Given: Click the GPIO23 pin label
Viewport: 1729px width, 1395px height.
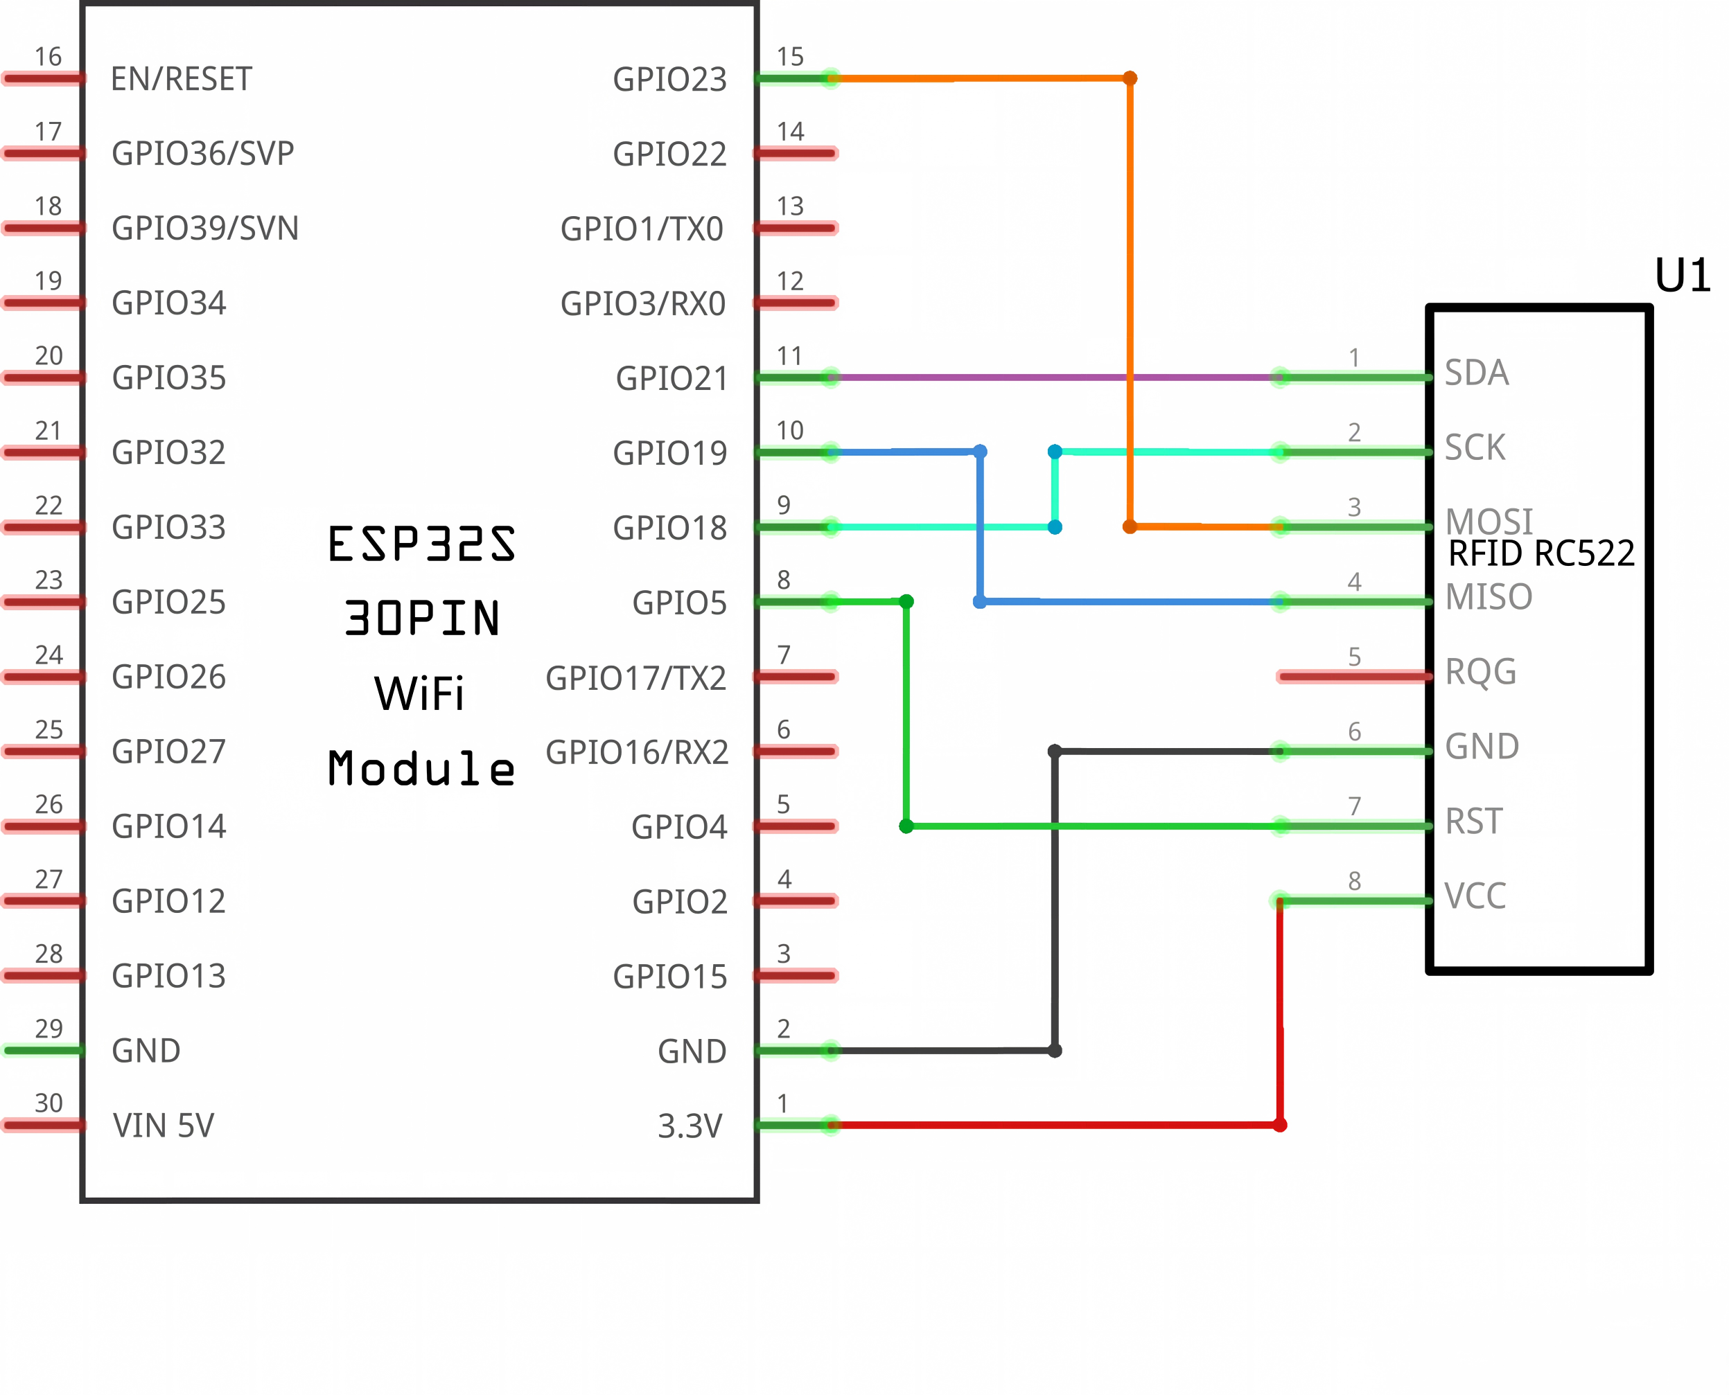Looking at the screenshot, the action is point(669,80).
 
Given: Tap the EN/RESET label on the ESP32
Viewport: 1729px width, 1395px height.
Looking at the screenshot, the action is point(182,80).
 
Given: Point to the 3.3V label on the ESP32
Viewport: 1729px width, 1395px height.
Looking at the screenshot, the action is point(690,1126).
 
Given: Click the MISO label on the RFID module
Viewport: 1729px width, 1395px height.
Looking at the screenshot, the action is point(1489,597).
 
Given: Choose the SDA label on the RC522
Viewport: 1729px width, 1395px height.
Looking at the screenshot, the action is point(1477,373).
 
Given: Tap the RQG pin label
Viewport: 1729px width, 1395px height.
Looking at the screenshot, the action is point(1481,672).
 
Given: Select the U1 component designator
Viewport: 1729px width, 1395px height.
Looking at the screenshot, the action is point(1683,276).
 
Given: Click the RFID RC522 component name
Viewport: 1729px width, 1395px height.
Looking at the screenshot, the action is point(1541,553).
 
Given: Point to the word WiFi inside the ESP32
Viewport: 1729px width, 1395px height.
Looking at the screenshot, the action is point(419,693).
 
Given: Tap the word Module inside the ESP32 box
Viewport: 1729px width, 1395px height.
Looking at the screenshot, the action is point(421,767).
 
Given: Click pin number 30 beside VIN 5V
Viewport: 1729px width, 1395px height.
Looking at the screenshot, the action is point(49,1103).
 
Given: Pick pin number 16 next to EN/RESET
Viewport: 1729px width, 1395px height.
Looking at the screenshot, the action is point(49,57).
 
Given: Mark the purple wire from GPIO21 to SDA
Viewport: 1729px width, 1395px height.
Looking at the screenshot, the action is point(1056,377).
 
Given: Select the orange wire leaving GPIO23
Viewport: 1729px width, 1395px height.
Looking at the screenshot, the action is point(1130,303).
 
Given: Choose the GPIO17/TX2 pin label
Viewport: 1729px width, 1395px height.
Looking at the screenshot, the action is point(636,678).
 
